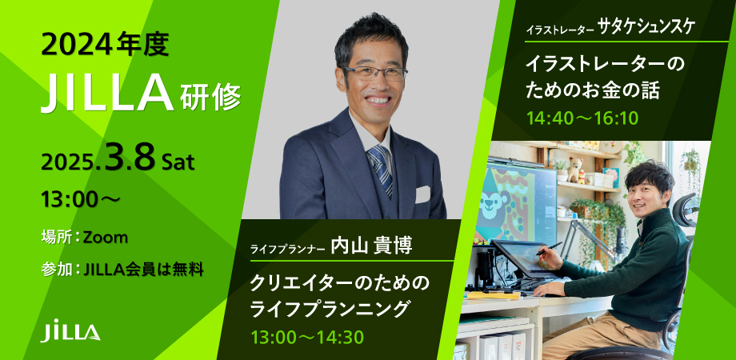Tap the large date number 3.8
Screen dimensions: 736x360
click(130, 158)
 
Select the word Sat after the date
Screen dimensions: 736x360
click(178, 162)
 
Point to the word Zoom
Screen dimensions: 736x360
click(105, 238)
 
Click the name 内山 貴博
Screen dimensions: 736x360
click(371, 246)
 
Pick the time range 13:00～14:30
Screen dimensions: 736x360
click(308, 337)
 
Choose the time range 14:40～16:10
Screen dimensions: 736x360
click(582, 118)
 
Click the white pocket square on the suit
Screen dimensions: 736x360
click(422, 194)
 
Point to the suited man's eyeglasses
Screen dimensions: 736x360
click(374, 73)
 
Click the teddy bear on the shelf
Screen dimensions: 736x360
click(574, 170)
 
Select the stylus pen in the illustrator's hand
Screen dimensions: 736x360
click(549, 248)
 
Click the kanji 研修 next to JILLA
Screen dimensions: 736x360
click(210, 98)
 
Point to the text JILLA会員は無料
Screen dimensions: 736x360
click(142, 270)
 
